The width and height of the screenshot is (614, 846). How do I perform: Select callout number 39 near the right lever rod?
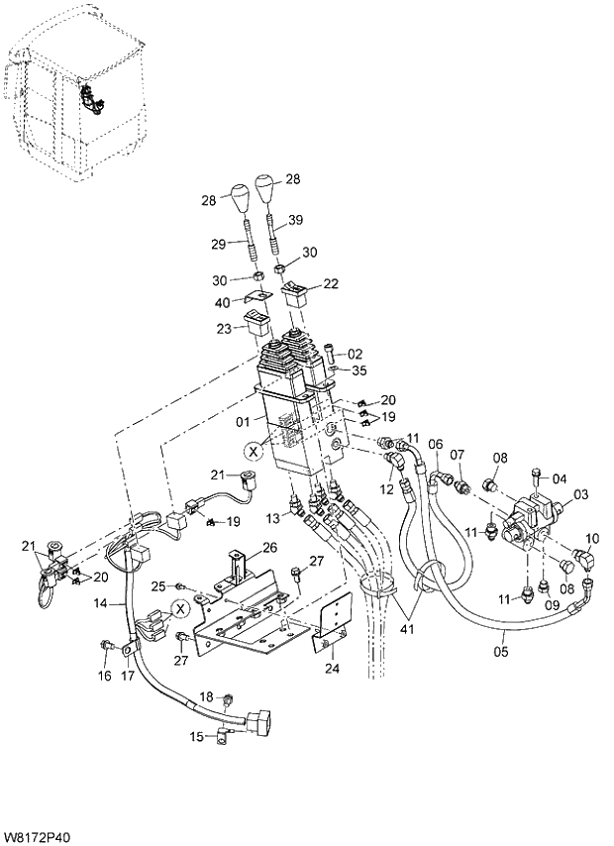click(x=296, y=219)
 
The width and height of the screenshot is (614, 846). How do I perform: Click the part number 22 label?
click(x=330, y=283)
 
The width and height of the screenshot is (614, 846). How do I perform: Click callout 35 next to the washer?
click(x=358, y=370)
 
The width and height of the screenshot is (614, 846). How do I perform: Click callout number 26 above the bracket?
click(x=268, y=547)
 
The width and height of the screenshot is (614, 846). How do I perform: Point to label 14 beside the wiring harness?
click(x=112, y=601)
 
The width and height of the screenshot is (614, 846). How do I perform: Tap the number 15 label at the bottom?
click(x=196, y=735)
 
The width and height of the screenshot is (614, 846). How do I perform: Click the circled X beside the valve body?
click(x=254, y=452)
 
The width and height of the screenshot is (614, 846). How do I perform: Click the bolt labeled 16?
click(x=105, y=647)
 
